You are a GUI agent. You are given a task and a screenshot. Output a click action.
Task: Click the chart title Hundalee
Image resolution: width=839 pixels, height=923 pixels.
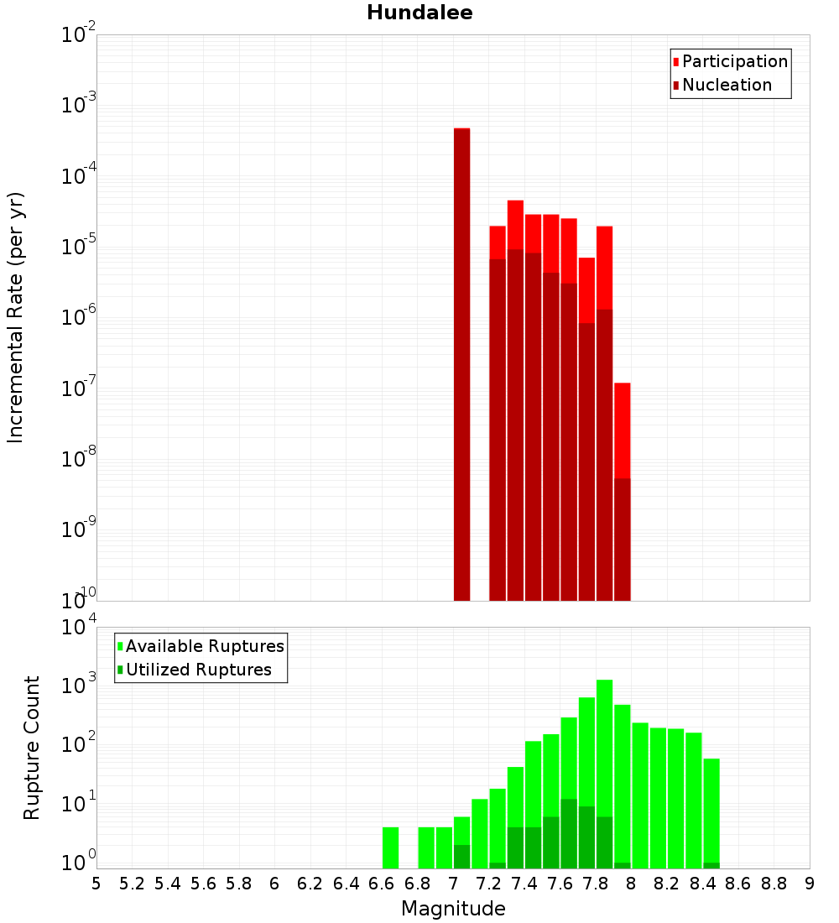coord(419,13)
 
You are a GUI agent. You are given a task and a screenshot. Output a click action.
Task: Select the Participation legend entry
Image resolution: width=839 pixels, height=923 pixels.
coord(734,61)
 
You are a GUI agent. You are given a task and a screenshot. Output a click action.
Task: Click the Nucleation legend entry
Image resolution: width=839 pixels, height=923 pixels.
coord(726,85)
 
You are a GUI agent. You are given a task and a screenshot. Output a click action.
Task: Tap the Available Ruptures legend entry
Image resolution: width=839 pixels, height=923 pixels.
coord(204,646)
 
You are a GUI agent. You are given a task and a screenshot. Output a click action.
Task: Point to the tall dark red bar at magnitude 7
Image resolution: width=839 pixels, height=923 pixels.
coord(461,361)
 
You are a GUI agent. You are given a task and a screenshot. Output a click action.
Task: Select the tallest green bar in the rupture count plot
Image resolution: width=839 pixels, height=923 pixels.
coord(604,772)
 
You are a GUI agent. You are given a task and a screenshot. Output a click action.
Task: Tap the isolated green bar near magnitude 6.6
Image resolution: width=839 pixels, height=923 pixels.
coord(390,847)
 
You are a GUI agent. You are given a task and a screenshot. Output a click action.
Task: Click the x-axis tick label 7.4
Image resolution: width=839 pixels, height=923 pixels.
coord(524,884)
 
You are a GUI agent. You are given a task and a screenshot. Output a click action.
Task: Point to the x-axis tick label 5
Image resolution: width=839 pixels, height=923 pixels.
coord(96,884)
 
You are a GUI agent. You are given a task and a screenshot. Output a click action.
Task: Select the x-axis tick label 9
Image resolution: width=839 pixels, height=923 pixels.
coord(810,884)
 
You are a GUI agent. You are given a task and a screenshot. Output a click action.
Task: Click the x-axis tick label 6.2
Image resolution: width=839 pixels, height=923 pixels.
coord(310,884)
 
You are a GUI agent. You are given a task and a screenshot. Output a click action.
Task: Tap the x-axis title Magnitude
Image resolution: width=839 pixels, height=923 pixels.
coord(453,909)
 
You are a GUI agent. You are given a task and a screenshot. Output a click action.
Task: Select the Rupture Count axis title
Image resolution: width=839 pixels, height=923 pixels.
coord(32,747)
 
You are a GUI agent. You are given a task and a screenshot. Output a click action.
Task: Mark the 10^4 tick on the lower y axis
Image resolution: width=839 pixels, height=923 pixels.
coord(80,628)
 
